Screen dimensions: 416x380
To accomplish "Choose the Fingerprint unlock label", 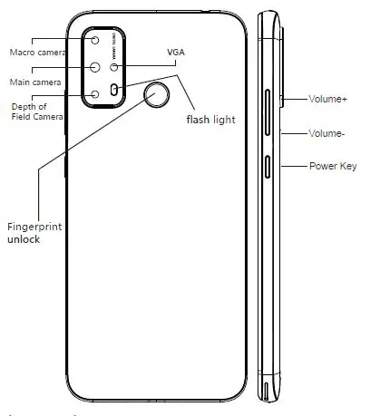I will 34,232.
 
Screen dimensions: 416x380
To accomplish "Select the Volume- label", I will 326,132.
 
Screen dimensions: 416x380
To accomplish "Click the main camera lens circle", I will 94,67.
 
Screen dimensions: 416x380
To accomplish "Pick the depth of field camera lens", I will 94,92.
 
